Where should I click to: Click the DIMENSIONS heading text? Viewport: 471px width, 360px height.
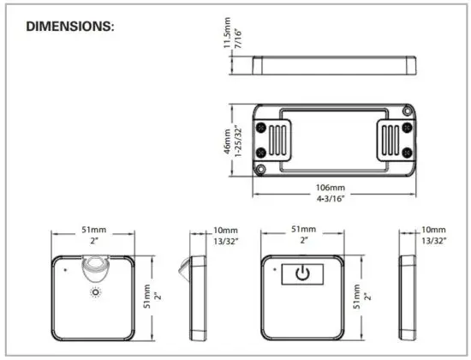tap(70, 26)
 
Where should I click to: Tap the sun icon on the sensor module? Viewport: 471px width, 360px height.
tap(95, 292)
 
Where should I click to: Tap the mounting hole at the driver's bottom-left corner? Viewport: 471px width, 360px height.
tap(262, 170)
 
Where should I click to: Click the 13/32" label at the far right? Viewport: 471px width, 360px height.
tap(434, 242)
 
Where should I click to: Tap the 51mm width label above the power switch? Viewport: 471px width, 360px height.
tap(302, 230)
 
